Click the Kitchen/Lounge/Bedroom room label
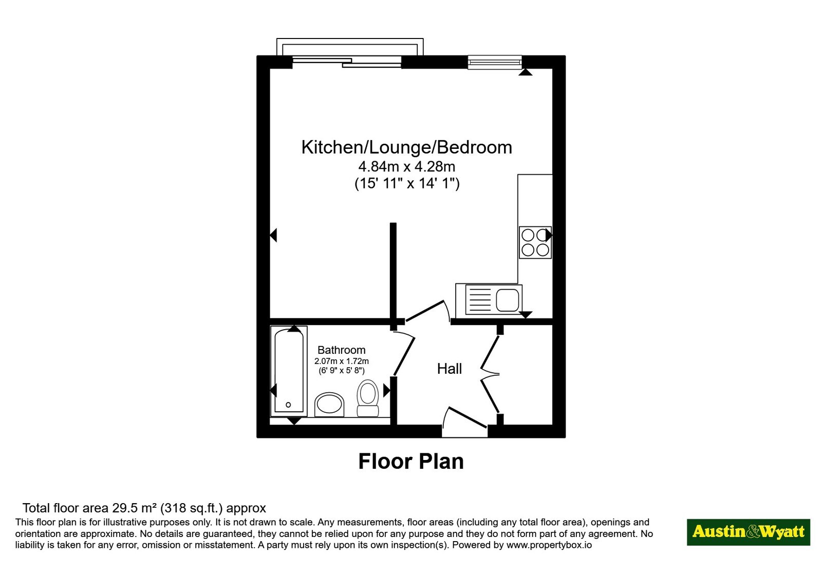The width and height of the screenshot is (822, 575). [406, 147]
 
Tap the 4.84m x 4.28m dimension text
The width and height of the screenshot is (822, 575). [406, 167]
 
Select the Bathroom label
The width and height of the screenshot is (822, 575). [341, 350]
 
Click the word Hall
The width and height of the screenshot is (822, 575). [449, 369]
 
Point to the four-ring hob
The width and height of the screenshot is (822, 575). [535, 242]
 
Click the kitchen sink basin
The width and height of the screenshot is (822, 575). [508, 300]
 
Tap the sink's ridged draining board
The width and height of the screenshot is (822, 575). [480, 300]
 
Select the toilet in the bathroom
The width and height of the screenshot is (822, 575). [368, 398]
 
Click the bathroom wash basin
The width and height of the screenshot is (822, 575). [329, 405]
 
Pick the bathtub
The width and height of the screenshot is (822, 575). [289, 371]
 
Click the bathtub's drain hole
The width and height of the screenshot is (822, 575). [288, 405]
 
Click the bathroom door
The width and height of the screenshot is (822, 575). [404, 356]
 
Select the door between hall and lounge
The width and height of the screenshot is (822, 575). [424, 311]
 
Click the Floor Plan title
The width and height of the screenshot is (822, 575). [411, 462]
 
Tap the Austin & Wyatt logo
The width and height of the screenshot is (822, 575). [748, 532]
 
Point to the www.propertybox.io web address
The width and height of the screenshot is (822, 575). [549, 545]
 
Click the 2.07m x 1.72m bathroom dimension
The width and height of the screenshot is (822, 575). [341, 361]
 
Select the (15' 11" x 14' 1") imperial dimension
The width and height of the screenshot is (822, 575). [406, 183]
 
